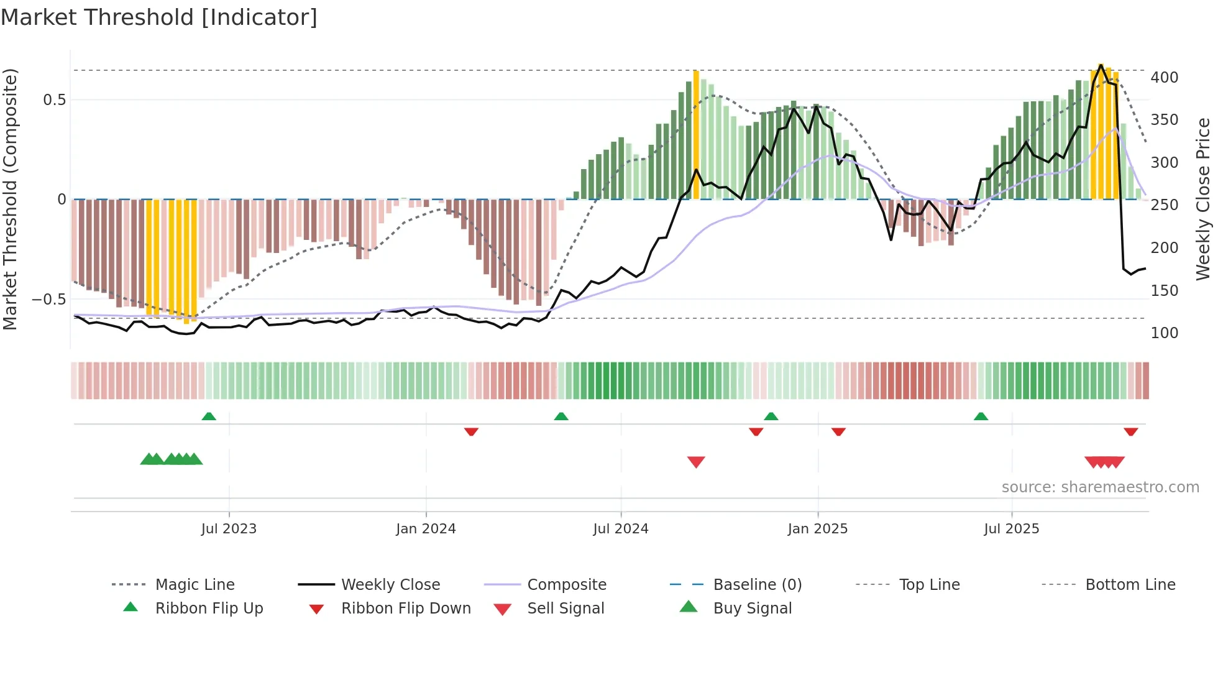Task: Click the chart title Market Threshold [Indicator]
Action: click(159, 17)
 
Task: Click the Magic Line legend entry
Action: click(195, 585)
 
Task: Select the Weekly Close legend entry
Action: click(390, 585)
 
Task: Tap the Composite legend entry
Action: click(566, 585)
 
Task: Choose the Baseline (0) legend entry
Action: click(757, 585)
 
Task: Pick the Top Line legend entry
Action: click(929, 585)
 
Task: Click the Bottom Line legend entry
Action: click(1130, 585)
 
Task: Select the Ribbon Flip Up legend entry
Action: click(209, 609)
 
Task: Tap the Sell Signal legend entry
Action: click(565, 609)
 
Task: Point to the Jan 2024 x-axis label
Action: click(426, 529)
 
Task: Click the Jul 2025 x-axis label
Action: click(1011, 529)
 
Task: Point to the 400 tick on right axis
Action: click(1164, 78)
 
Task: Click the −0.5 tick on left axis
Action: click(48, 300)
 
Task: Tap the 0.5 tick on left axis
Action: click(54, 100)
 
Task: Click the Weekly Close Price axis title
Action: click(1203, 199)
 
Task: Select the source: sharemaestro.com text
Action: click(1100, 487)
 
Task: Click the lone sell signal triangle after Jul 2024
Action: click(696, 462)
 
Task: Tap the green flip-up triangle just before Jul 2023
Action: click(209, 416)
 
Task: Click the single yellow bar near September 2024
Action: click(696, 134)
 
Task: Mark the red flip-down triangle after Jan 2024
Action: click(471, 431)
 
